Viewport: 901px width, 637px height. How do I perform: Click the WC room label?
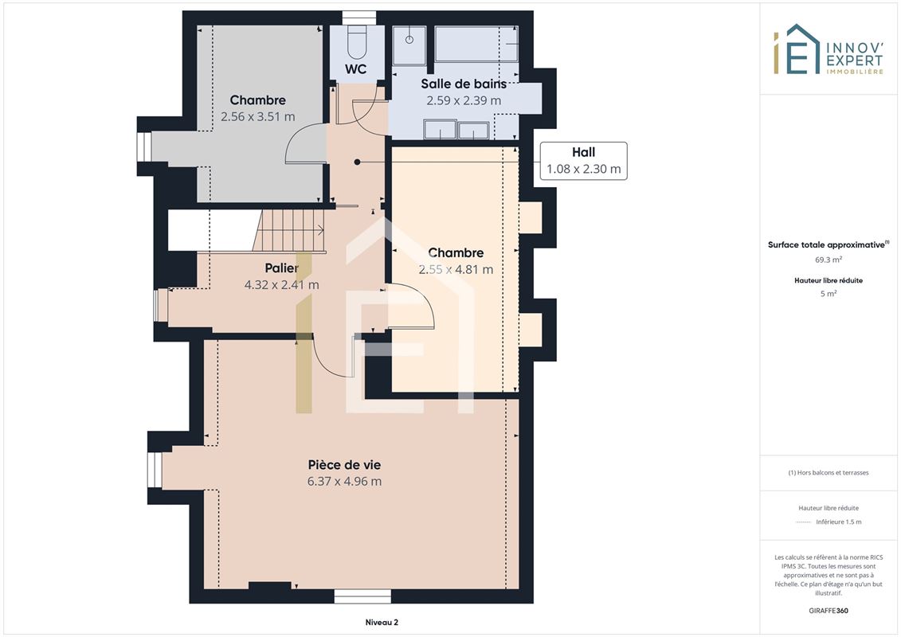[355, 69]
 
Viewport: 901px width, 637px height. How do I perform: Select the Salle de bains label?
[464, 84]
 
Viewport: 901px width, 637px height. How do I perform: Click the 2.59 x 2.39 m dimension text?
[464, 100]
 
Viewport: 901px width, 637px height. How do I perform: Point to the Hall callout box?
[583, 161]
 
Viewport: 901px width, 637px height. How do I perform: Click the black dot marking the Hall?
[358, 162]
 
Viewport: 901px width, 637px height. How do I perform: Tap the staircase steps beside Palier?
[289, 230]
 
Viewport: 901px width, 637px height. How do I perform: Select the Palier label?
[281, 268]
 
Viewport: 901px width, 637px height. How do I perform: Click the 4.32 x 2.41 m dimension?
[281, 285]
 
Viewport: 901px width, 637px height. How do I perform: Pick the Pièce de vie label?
[344, 465]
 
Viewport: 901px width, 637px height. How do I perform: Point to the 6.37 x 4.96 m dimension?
[344, 482]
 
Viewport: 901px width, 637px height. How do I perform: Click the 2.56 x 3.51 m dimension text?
[258, 116]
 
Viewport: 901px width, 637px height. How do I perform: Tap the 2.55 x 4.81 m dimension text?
[456, 269]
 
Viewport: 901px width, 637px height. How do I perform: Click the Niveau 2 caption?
[382, 622]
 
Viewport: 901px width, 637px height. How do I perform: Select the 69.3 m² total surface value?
[828, 260]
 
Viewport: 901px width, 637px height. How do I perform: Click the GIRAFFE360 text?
[828, 610]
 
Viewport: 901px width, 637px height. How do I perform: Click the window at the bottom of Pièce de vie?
[362, 596]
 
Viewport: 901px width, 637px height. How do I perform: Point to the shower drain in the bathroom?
[409, 40]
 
